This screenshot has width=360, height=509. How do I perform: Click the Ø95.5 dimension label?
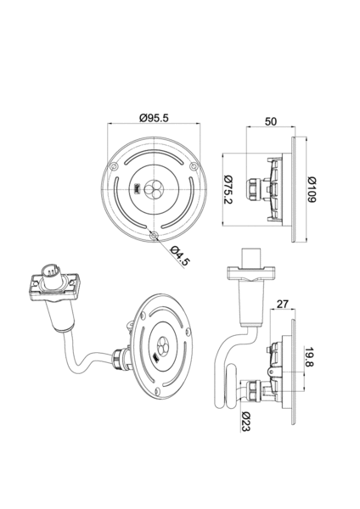click(154, 118)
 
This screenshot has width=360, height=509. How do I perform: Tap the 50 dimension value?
click(271, 121)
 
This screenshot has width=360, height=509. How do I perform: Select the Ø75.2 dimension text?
click(229, 189)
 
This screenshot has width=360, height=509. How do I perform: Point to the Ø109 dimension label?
click(312, 189)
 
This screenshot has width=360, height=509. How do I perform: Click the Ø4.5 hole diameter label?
click(179, 256)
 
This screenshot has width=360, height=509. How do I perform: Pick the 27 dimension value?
click(283, 305)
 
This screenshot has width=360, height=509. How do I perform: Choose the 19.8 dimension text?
click(309, 357)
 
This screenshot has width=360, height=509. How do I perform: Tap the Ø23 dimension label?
click(246, 422)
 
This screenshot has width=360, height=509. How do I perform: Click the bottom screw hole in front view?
click(154, 235)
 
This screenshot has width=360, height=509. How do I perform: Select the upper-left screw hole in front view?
click(114, 166)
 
